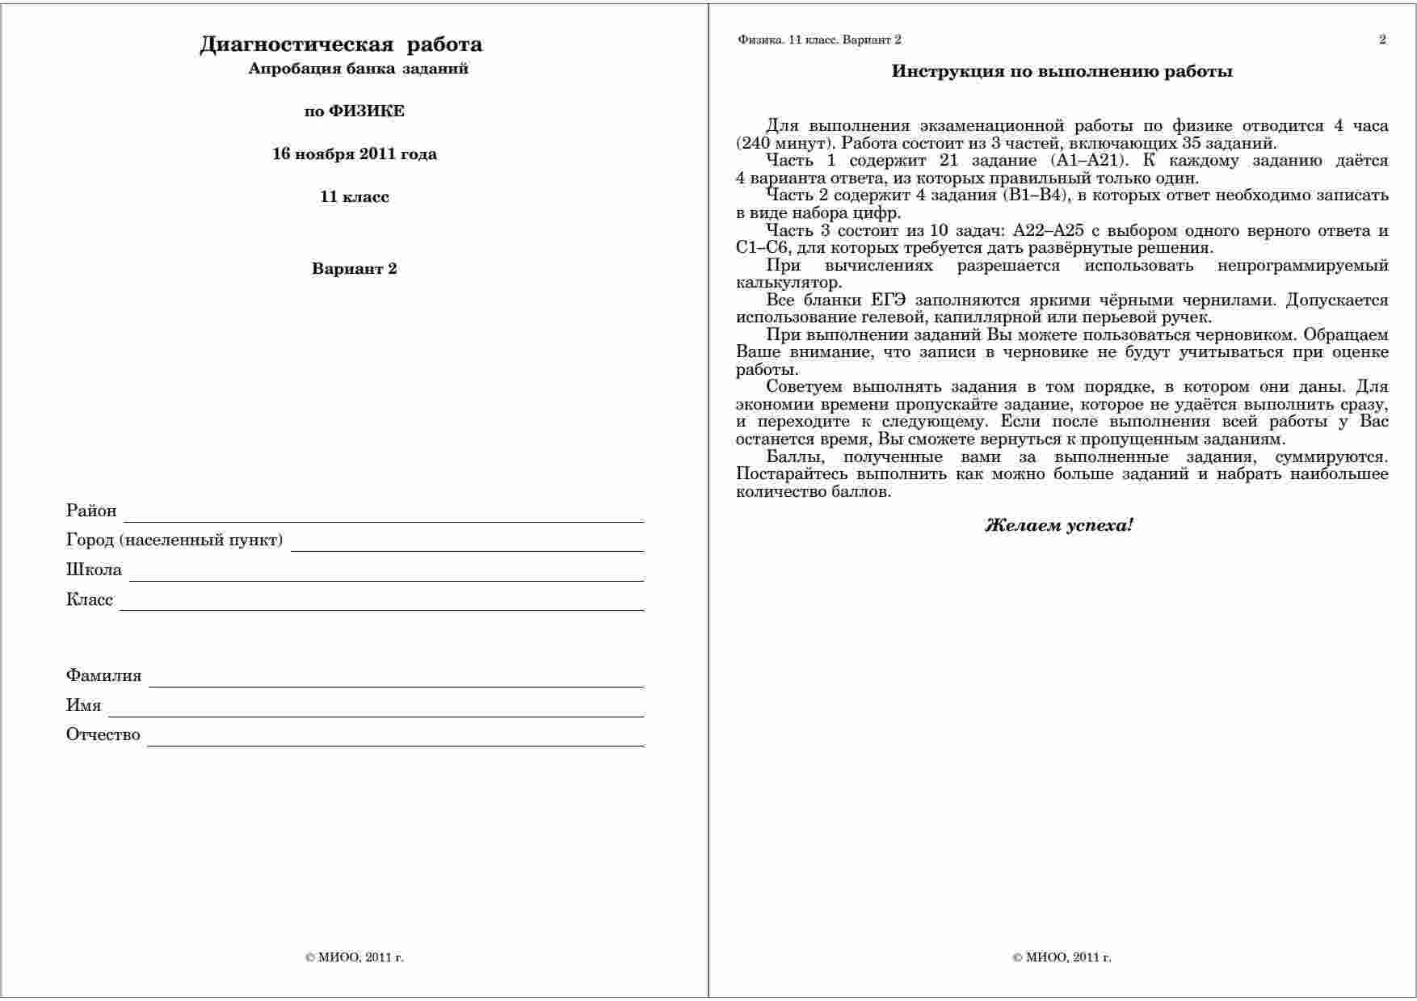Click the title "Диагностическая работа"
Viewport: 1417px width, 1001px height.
click(x=340, y=44)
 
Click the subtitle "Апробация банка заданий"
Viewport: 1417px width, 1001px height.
click(x=358, y=69)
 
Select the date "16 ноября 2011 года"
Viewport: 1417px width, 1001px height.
click(x=355, y=154)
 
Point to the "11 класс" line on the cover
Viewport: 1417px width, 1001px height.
click(x=355, y=197)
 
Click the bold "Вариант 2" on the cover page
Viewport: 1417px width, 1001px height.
click(x=355, y=269)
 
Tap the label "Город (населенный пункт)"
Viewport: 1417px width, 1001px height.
click(x=174, y=540)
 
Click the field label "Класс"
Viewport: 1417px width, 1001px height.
click(x=90, y=599)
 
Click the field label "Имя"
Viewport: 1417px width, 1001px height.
click(x=84, y=705)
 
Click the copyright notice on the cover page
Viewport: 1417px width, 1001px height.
click(x=355, y=957)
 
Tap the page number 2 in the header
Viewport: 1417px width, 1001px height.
click(x=1382, y=40)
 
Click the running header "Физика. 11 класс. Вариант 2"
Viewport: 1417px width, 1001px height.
click(x=819, y=40)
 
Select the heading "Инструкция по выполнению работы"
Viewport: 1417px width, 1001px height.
click(x=1062, y=72)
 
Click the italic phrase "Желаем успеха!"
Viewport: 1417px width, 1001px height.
click(x=1058, y=526)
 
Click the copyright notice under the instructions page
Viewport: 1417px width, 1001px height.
click(x=1062, y=957)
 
